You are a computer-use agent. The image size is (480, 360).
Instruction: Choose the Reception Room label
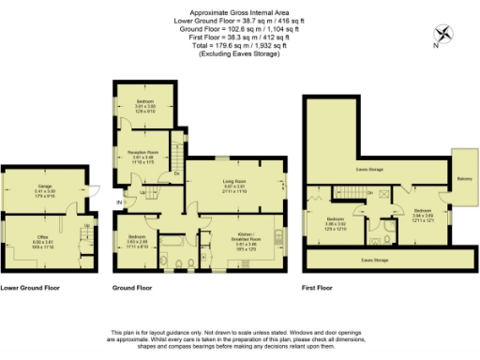pyautogui.click(x=142, y=156)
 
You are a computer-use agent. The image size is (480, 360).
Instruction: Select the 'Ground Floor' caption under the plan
pyautogui.click(x=132, y=288)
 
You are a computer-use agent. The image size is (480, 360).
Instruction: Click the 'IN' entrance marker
pyautogui.click(x=119, y=201)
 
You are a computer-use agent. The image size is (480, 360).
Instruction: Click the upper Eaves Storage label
pyautogui.click(x=368, y=170)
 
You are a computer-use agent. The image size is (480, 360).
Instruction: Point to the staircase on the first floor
pyautogui.click(x=352, y=192)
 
